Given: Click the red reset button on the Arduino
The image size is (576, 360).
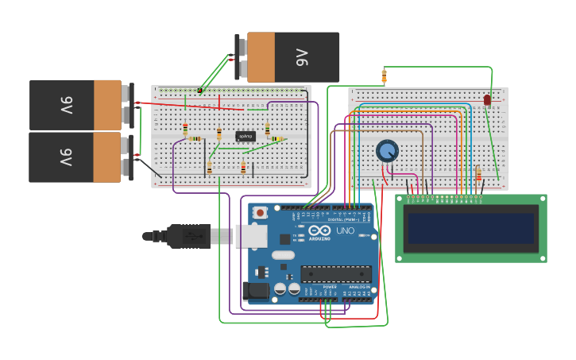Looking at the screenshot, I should coord(259,212).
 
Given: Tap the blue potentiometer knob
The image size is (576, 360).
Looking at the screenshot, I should coord(387,150).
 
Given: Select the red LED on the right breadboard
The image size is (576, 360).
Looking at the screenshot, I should coord(488,100).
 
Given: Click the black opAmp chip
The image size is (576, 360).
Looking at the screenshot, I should coord(245,137).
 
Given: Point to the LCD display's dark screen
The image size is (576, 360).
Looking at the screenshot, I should coord(470,228).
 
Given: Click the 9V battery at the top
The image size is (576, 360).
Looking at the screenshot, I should coord(290,57).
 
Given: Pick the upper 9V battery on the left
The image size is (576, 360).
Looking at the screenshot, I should coord(78,105).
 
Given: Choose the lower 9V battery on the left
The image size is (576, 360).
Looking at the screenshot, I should coord(78,157).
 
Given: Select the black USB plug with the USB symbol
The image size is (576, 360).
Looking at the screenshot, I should coord(187,236).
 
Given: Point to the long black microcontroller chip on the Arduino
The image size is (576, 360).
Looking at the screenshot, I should coord(335,273).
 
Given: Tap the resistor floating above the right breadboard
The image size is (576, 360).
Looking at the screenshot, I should coord(384,76).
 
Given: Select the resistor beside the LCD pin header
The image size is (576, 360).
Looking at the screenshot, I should coord(478,173).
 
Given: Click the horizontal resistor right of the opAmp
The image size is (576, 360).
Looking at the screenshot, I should coord(277,139).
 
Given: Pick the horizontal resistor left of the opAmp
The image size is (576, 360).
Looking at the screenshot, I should coord(195,139).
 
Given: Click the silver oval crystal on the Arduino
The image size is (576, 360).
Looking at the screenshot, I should coord(283,255).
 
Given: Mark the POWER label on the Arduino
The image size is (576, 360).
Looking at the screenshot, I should coord(319,287).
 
